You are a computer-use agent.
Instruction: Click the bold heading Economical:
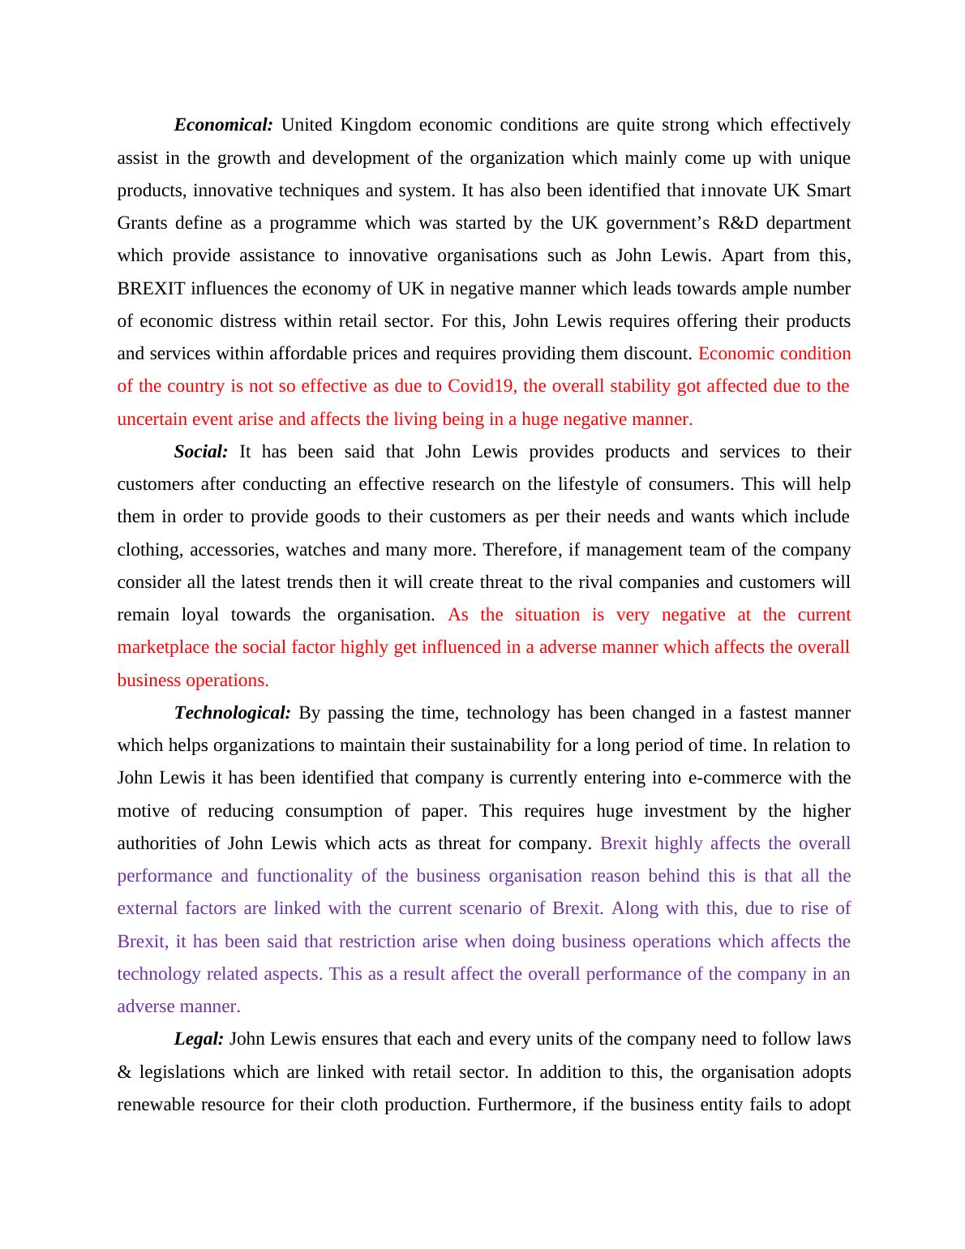[x=224, y=125]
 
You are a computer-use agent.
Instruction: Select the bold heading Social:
[x=201, y=452]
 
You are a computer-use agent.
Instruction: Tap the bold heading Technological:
[x=232, y=713]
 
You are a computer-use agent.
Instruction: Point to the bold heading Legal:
[x=199, y=1039]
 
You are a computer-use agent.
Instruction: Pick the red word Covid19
[x=481, y=386]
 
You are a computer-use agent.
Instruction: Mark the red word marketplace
[x=163, y=647]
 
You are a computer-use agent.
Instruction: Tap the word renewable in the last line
[x=155, y=1105]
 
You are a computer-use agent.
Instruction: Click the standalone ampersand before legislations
[x=124, y=1072]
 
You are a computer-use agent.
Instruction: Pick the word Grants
[x=143, y=223]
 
